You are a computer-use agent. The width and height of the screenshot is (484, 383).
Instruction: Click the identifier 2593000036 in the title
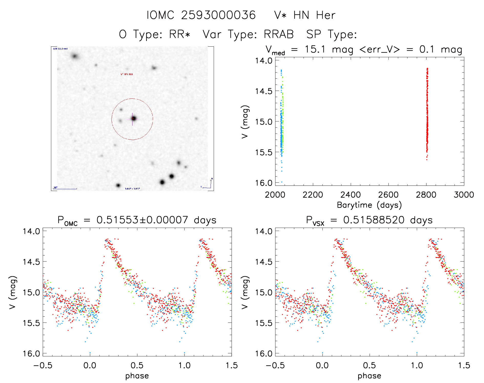tap(218, 15)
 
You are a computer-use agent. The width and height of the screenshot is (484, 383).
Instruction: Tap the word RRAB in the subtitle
tap(279, 34)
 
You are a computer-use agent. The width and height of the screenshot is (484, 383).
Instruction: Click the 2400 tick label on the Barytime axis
tap(351, 195)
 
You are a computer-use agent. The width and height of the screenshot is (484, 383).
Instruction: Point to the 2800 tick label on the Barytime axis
tap(426, 195)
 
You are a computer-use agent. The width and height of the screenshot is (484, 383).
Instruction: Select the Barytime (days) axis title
tap(369, 205)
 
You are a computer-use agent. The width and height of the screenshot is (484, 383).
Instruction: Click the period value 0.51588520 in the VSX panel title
tap(374, 220)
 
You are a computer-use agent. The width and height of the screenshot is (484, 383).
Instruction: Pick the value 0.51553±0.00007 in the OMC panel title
tap(142, 220)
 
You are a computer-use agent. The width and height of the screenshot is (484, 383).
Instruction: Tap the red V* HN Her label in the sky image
tap(127, 74)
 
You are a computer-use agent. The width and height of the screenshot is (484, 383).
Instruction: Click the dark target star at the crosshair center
tap(133, 118)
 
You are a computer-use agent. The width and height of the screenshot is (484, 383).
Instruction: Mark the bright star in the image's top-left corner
tap(75, 56)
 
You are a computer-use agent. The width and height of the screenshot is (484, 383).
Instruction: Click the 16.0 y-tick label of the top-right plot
tap(263, 183)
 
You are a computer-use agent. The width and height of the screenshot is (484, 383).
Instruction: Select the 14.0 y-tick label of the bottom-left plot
tap(31, 231)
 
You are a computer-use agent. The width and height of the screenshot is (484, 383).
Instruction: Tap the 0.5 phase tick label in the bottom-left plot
tap(137, 365)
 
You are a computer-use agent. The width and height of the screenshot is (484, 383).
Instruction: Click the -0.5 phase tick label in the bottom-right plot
tap(275, 365)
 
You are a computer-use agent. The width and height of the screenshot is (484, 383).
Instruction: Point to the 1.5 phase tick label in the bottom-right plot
tap(464, 365)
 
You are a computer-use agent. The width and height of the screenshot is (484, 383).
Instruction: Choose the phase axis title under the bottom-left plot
tap(137, 376)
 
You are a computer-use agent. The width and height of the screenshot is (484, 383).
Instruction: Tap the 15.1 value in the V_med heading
tap(315, 49)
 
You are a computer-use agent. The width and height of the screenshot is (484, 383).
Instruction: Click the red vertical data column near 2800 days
tap(427, 113)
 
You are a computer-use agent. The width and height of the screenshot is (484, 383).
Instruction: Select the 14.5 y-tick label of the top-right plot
tap(263, 91)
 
